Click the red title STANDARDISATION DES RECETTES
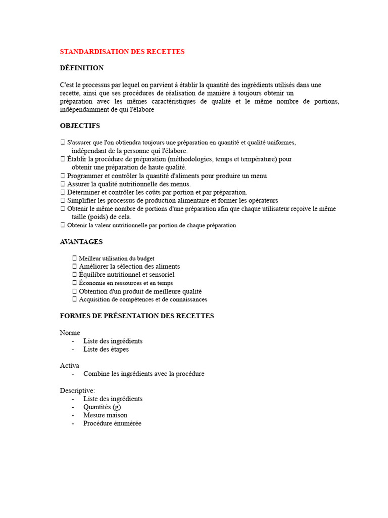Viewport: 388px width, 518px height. point(122,52)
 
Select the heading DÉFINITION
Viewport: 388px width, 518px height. point(82,68)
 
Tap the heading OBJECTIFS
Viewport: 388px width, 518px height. point(80,125)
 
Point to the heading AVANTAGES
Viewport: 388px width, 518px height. point(81,242)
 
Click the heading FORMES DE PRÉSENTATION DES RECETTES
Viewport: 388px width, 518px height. point(137,316)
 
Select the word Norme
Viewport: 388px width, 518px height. point(70,333)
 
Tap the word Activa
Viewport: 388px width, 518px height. point(70,365)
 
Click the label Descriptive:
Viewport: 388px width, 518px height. point(77,391)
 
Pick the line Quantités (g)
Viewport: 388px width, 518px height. point(102,407)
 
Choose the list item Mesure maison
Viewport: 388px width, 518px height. point(105,415)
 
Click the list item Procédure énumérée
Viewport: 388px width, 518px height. point(112,423)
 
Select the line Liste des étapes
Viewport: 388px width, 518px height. point(106,349)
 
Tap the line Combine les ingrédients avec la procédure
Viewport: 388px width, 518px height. point(143,374)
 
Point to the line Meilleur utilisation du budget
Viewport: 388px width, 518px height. point(117,258)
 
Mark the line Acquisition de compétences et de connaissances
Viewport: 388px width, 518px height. point(143,299)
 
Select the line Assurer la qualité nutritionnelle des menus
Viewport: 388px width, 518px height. point(129,184)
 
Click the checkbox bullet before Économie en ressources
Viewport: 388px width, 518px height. point(75,283)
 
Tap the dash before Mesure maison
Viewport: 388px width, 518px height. point(73,415)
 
